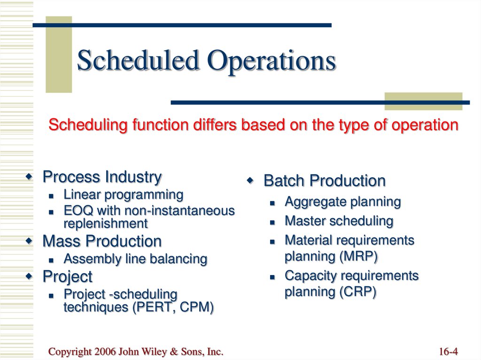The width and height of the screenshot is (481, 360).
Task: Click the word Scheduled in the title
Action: pyautogui.click(x=138, y=61)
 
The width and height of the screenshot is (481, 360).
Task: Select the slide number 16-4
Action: pyautogui.click(x=449, y=352)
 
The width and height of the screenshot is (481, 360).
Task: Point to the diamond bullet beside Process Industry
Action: pyautogui.click(x=29, y=176)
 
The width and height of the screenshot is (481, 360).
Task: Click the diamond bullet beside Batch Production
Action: pyautogui.click(x=250, y=180)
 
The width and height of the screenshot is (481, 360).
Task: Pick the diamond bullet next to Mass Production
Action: pyautogui.click(x=29, y=241)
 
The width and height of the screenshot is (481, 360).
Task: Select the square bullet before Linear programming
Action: pyautogui.click(x=51, y=196)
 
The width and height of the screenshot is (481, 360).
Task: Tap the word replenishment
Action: pyautogui.click(x=106, y=224)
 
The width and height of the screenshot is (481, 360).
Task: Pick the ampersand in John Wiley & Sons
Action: pyautogui.click(x=174, y=352)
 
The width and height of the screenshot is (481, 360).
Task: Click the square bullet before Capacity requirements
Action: pyautogui.click(x=272, y=277)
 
